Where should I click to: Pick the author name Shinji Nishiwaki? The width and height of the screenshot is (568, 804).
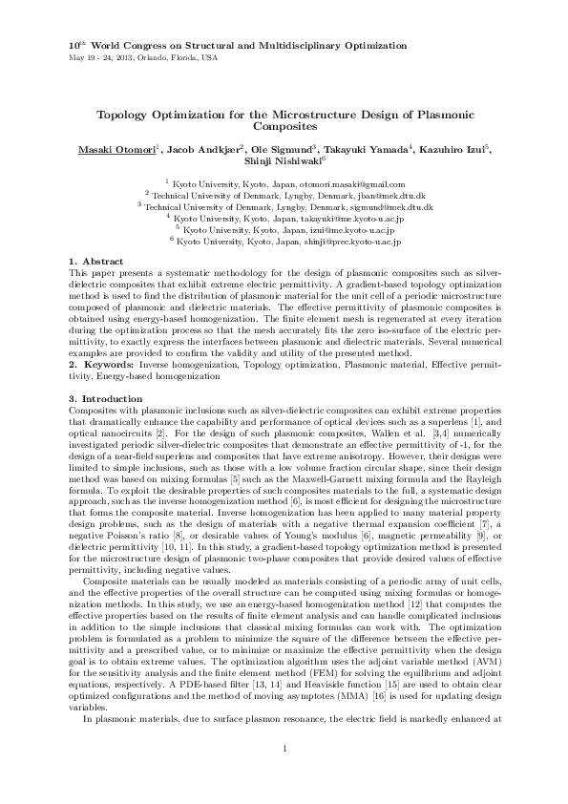click(x=282, y=162)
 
